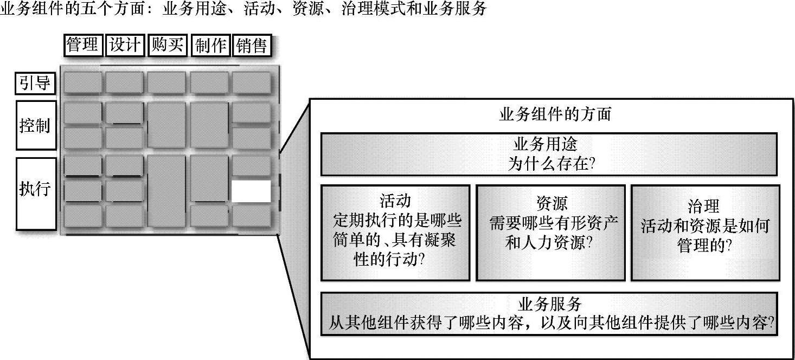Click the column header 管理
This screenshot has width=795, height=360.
click(83, 46)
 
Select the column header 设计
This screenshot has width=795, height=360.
click(125, 46)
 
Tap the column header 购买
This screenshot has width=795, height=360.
click(168, 46)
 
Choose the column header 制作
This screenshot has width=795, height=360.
click(210, 46)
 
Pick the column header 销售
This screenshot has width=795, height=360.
click(252, 46)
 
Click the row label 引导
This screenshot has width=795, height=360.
click(35, 83)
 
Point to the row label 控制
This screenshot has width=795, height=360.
click(35, 125)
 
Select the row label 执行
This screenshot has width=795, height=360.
click(35, 189)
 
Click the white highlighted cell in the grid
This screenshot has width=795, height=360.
click(251, 191)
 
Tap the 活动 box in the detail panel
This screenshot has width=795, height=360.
click(395, 233)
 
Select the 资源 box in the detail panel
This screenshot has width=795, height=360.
click(550, 233)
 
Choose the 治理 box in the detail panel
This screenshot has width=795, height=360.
click(705, 233)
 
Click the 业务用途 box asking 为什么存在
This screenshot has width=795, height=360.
click(548, 155)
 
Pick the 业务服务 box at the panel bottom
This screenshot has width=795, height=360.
click(548, 314)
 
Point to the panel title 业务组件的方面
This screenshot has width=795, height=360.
click(554, 114)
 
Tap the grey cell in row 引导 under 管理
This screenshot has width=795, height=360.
click(83, 83)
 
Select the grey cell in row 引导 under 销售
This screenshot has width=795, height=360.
click(252, 83)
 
